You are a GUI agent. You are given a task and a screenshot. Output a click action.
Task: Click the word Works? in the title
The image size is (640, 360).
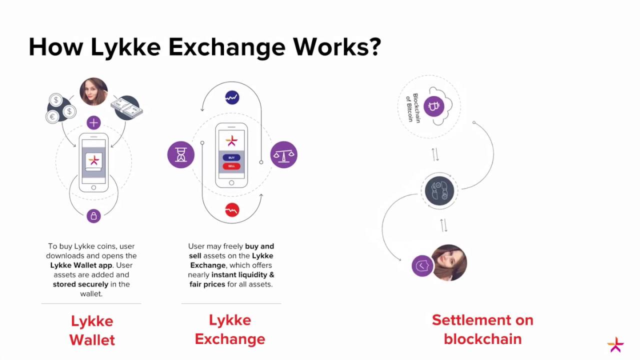pos(337,46)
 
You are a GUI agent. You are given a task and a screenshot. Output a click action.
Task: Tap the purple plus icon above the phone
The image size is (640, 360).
pos(93,122)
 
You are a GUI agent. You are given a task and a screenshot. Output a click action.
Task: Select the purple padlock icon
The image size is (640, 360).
pos(93,216)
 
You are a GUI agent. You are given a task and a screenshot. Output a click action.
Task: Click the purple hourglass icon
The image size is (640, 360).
pos(181,154)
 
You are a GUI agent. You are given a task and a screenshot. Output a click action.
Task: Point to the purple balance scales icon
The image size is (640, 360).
pos(283,154)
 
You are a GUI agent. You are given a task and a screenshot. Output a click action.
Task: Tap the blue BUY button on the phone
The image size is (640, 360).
pos(231,157)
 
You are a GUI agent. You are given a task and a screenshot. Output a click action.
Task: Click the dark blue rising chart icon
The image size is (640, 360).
pos(232,97)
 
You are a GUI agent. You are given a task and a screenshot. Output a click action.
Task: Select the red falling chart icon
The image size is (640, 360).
pos(232,210)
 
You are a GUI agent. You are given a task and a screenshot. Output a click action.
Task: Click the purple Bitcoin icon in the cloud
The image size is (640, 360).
pos(433,106)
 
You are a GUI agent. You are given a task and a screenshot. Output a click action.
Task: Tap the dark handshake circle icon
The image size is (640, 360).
pos(439,190)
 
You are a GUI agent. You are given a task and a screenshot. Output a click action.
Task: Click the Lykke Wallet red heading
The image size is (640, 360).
pos(92,330)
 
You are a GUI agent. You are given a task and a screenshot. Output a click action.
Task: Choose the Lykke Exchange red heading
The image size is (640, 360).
pos(230,329)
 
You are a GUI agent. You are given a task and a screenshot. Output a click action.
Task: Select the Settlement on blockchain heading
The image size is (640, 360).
pos(482,329)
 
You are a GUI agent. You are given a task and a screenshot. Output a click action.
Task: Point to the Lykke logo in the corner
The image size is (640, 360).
pos(615,344)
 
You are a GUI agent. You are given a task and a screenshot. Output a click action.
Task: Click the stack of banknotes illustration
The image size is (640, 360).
pos(127,107)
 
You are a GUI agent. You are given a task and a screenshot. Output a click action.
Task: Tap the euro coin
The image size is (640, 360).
pos(52,117)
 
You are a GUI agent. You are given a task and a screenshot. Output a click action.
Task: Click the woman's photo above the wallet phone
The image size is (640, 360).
pos(93,91)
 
